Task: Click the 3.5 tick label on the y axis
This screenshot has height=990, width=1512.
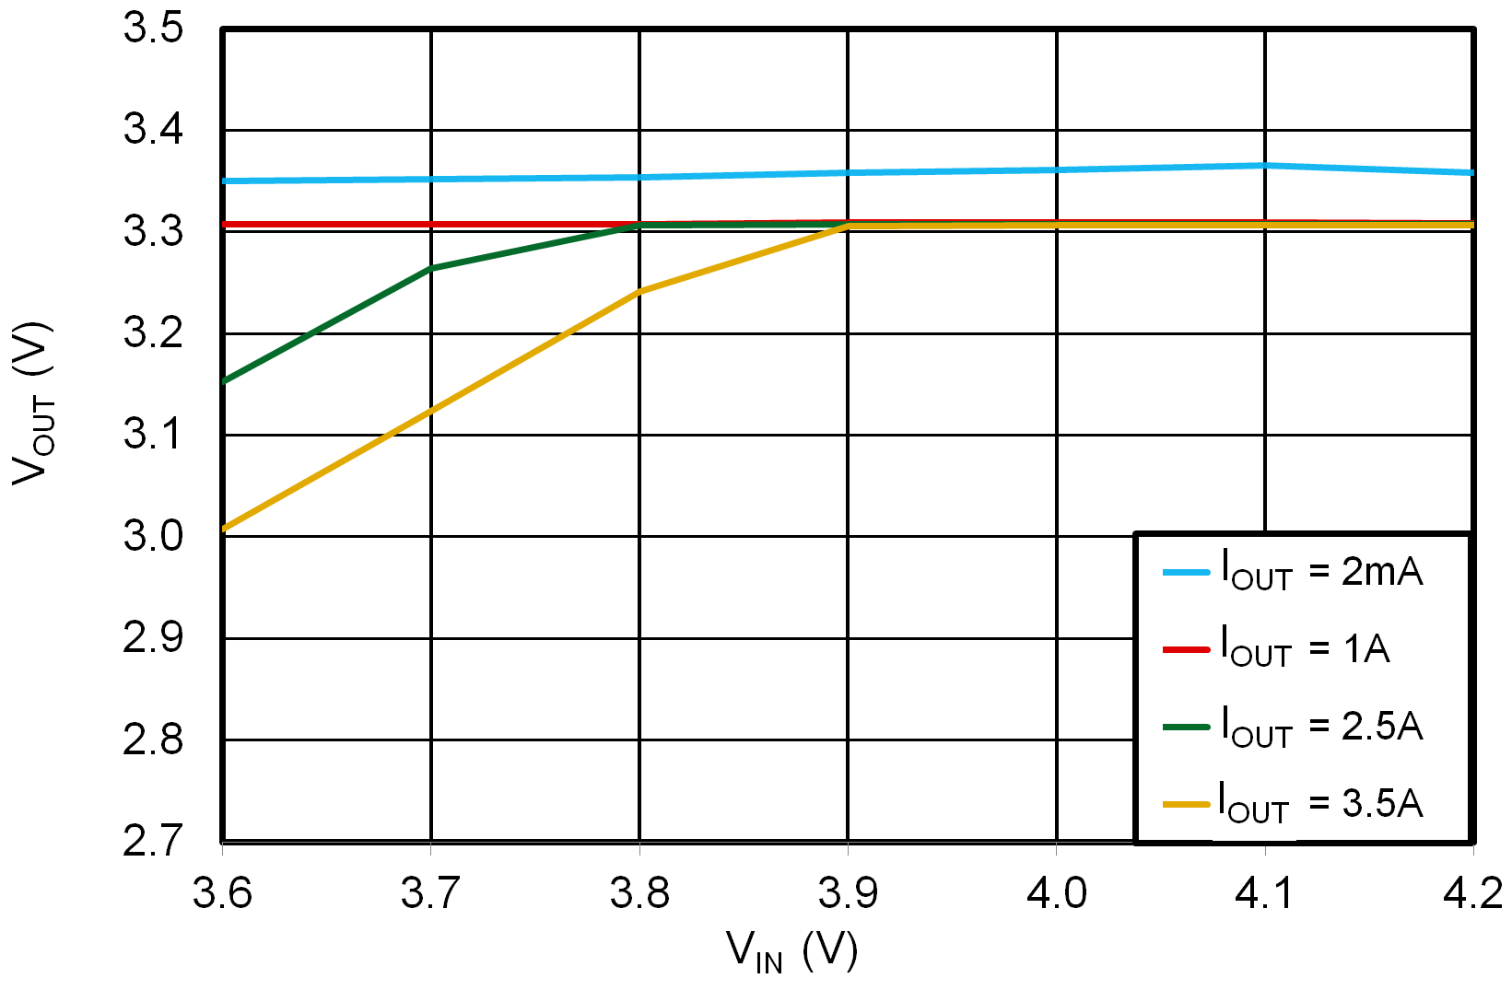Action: pos(153,29)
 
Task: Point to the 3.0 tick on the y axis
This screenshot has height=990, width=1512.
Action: pos(153,536)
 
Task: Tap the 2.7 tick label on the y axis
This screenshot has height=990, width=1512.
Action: pos(153,841)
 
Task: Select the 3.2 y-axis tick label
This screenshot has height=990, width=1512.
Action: pos(153,333)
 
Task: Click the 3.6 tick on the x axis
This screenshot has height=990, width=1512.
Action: pos(222,893)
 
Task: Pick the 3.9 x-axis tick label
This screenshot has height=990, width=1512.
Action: pos(848,893)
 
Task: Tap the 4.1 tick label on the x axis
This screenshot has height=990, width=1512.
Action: pos(1265,893)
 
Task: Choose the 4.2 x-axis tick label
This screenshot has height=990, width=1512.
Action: pos(1472,893)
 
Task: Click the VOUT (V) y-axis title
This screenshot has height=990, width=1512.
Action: pos(33,403)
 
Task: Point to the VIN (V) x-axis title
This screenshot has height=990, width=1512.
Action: pos(792,950)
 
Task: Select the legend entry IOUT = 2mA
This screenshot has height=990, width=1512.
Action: pos(1293,572)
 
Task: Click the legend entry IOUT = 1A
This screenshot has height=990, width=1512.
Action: pos(1276,649)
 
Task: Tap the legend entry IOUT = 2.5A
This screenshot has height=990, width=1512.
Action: pos(1293,727)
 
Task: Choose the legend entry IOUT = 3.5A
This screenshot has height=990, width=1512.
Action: pos(1293,804)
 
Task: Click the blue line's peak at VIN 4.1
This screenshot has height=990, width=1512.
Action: pos(1265,166)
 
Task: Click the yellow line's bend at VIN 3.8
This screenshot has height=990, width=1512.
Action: pos(639,292)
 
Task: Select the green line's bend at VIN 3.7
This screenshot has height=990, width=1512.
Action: pos(431,269)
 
